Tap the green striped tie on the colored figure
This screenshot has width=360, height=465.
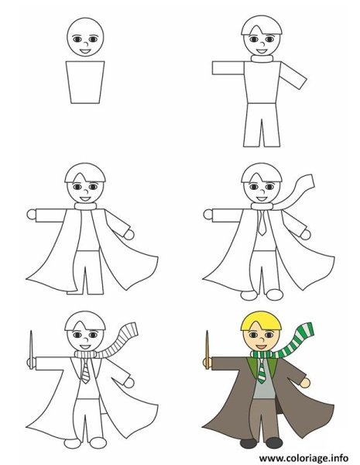[x=262, y=371]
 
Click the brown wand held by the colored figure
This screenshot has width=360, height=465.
[x=207, y=350]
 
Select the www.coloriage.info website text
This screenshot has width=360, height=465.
[x=303, y=458]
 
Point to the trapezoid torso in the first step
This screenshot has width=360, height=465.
[x=85, y=82]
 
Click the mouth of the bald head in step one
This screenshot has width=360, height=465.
[x=85, y=51]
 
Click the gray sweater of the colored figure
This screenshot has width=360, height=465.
[x=264, y=383]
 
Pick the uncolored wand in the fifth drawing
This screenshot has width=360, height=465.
[x=31, y=350]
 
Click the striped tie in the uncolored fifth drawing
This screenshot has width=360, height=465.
[x=85, y=371]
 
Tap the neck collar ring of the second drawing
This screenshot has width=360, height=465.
[x=262, y=59]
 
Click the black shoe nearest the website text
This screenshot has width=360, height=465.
[x=274, y=443]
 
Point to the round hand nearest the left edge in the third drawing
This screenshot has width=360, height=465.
[x=32, y=215]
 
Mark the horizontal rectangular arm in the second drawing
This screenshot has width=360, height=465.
[x=228, y=68]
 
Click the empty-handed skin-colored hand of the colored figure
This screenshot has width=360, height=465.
[x=305, y=383]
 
